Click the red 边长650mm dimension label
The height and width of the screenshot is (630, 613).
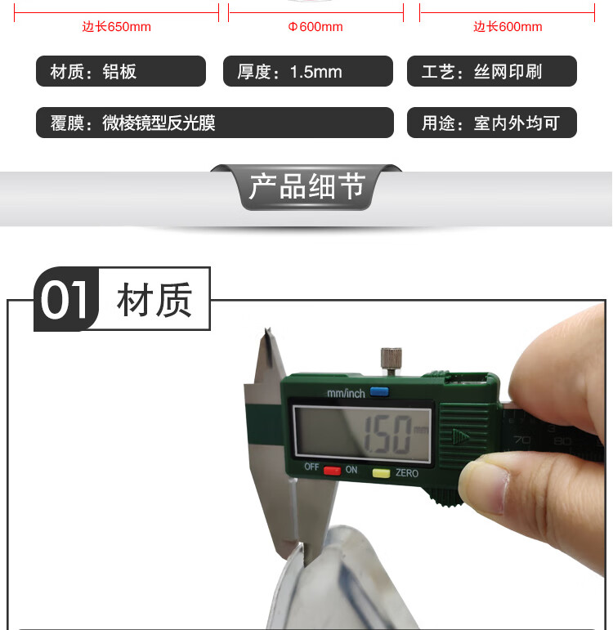pos(117,27)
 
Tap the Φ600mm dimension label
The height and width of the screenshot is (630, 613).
pos(315,27)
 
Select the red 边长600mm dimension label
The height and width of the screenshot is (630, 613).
pos(508,27)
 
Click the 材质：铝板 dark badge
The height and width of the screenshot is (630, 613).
pos(121,71)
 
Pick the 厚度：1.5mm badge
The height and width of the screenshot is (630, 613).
pos(308,71)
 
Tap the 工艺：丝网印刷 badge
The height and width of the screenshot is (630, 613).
pos(492,71)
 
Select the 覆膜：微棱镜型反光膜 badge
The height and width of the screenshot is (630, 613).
pos(215,123)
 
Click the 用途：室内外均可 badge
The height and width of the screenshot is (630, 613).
pos(492,123)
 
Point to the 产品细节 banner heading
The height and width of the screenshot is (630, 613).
pos(307,186)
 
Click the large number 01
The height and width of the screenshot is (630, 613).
pos(65,300)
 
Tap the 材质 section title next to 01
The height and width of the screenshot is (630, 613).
pos(154,300)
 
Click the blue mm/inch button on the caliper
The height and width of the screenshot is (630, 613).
pos(379,391)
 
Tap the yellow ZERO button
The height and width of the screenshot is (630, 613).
pos(381,473)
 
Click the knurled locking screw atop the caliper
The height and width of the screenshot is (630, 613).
pos(392,361)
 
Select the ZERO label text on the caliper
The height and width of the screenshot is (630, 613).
pos(407,473)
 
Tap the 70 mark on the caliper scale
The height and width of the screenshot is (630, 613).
pos(521,440)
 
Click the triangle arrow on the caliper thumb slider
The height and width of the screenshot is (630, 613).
pos(461,436)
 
